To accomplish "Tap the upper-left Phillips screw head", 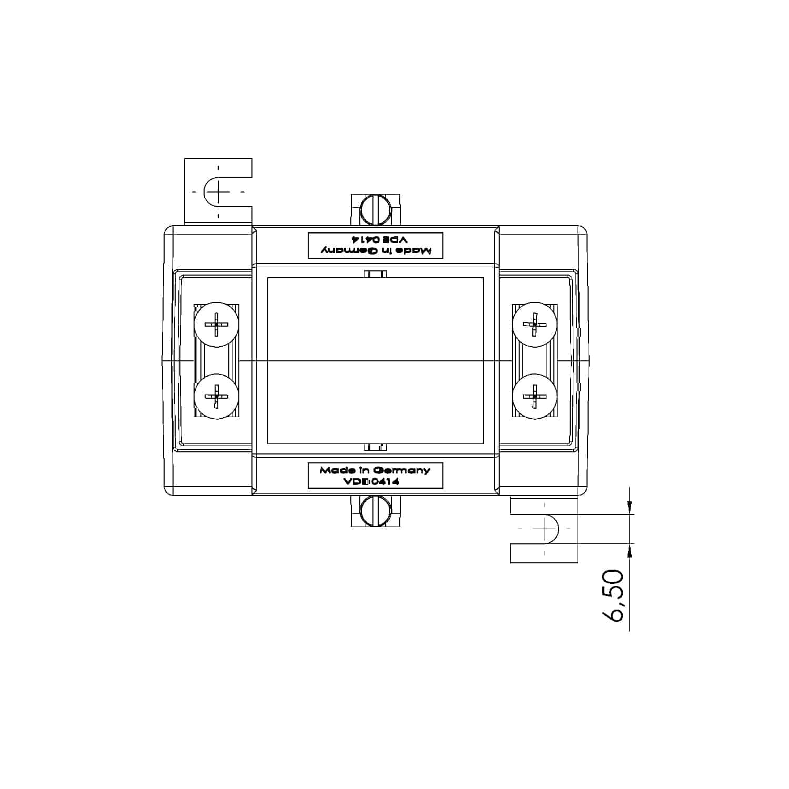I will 216,325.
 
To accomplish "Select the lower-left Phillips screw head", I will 216,396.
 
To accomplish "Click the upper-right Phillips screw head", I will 534,325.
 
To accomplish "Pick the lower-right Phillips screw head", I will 534,396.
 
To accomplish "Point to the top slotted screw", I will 376,210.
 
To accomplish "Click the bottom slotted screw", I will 376,511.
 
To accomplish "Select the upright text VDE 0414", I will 371,481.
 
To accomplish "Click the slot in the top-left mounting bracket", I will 218,191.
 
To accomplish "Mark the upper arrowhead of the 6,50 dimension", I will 630,508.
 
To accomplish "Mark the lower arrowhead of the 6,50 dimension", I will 630,550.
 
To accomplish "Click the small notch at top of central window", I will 376,274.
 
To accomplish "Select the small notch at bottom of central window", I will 376,447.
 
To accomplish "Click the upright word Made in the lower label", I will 333,470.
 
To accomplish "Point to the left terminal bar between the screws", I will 216,360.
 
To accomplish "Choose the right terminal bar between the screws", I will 534,360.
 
